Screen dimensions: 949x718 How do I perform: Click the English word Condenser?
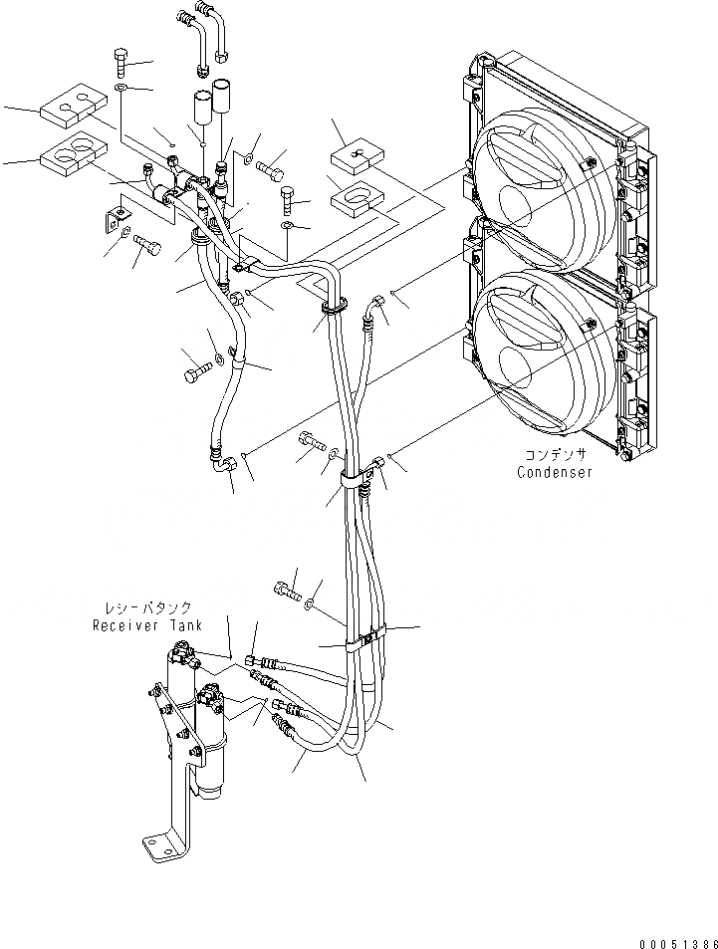click(555, 472)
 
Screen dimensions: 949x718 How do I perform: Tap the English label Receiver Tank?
click(147, 625)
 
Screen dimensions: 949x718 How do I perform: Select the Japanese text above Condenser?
click(554, 454)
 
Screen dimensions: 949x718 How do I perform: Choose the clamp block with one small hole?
click(357, 154)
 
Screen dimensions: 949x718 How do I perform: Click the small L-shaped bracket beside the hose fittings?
click(117, 214)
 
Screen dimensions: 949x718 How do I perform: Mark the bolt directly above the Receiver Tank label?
click(288, 590)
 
